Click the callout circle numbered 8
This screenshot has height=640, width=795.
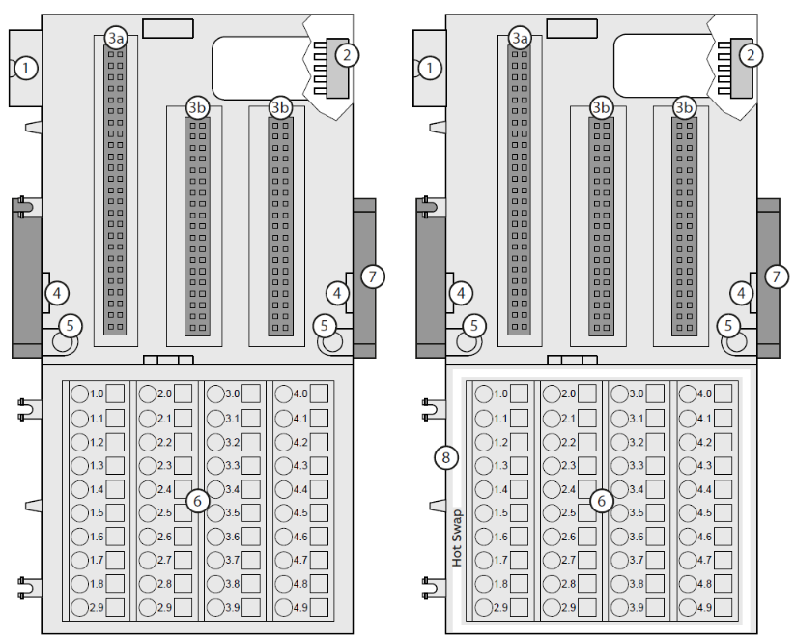click(x=445, y=458)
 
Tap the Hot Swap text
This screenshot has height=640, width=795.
click(x=457, y=538)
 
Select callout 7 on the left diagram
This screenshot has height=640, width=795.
click(x=373, y=276)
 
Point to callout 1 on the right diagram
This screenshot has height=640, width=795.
click(x=430, y=68)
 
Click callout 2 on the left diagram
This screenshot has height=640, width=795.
click(x=347, y=55)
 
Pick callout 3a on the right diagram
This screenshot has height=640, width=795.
click(x=520, y=38)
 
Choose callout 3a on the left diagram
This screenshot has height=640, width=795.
click(x=116, y=38)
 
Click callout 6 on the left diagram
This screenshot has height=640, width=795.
click(x=197, y=501)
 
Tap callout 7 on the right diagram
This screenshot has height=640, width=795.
click(x=777, y=276)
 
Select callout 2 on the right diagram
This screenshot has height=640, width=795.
click(x=751, y=55)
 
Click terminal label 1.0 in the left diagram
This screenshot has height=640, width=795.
click(x=97, y=393)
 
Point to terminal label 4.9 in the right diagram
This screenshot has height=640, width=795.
click(x=704, y=607)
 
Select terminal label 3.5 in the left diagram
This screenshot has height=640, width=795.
click(x=232, y=512)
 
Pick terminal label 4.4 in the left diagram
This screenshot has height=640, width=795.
click(x=300, y=489)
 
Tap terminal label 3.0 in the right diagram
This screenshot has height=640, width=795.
click(x=637, y=393)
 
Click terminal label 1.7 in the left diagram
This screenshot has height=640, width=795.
click(x=97, y=560)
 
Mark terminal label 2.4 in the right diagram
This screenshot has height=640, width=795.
click(x=568, y=489)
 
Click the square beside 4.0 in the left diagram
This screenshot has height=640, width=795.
click(x=319, y=393)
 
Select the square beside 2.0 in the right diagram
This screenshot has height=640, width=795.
click(x=587, y=393)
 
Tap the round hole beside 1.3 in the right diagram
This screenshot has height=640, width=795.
click(x=484, y=465)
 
